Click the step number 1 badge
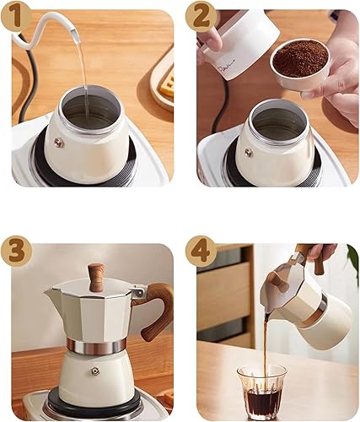pyautogui.click(x=16, y=16)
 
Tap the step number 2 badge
pyautogui.click(x=201, y=16)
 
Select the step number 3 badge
pyautogui.click(x=16, y=251)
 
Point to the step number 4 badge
pyautogui.click(x=201, y=251)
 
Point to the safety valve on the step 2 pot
pyautogui.click(x=248, y=153)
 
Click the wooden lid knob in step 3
pyautogui.click(x=96, y=277)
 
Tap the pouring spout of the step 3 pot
pyautogui.click(x=52, y=291)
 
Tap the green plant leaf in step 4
pyautogui.click(x=352, y=268)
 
